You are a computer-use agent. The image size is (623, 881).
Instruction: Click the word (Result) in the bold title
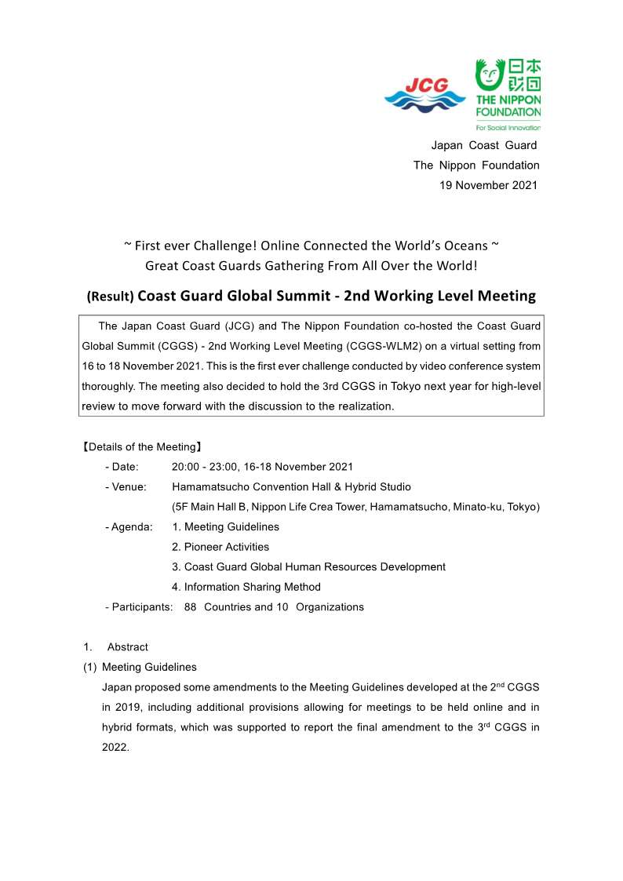pos(111,297)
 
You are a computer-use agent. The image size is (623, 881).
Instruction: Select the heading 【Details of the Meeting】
pos(142,447)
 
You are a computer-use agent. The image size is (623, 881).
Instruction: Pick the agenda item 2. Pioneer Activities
pos(220,547)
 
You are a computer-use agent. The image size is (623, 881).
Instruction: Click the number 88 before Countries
pos(191,606)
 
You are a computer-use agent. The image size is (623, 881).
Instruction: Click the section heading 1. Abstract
pos(116,647)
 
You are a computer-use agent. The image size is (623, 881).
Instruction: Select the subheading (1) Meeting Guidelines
pos(140,667)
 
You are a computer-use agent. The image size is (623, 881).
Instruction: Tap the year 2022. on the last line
pos(115,748)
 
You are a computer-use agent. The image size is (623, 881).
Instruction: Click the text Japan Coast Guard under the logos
pos(484,145)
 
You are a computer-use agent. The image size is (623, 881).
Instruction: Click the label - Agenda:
pos(129,527)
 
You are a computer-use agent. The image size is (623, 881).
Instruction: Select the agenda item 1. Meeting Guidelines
pos(225,527)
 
